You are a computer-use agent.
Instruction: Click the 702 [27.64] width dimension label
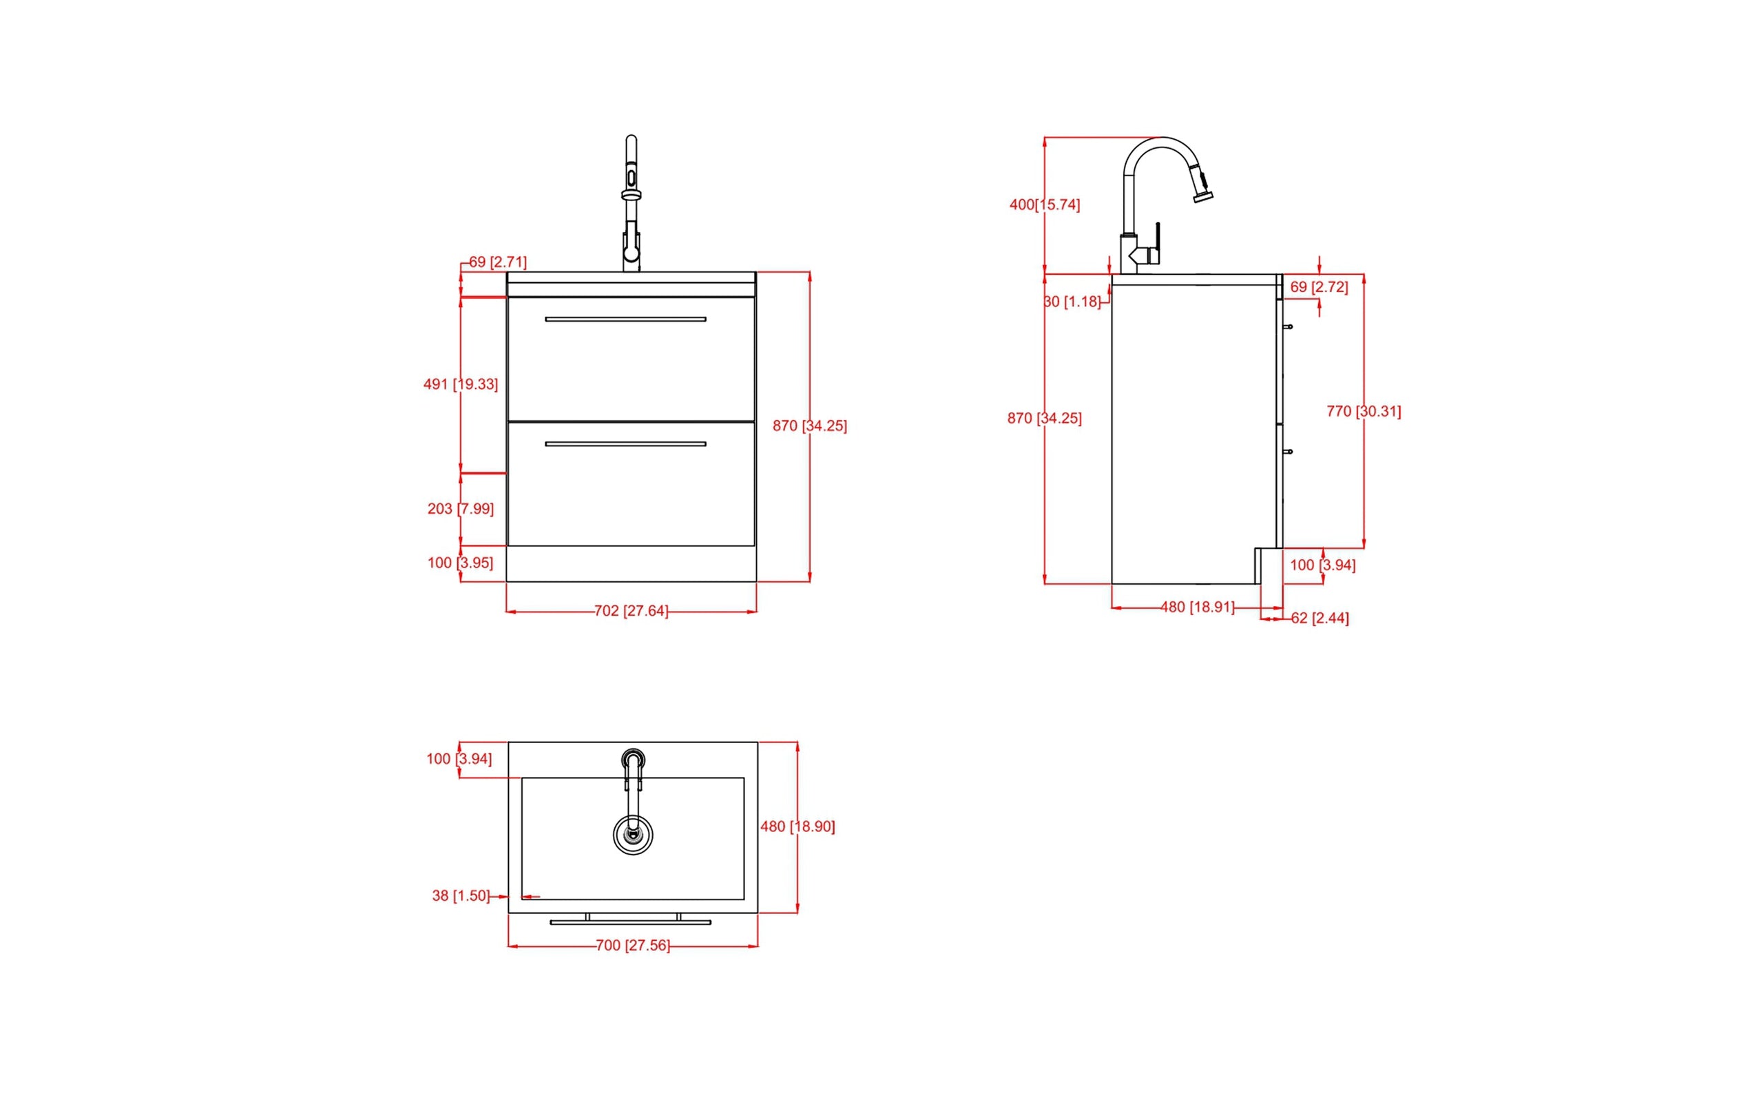pyautogui.click(x=631, y=611)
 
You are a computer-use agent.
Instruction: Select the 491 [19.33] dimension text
pyautogui.click(x=461, y=384)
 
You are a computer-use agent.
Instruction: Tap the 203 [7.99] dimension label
pyautogui.click(x=461, y=509)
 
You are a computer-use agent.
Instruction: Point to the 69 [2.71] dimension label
pyautogui.click(x=497, y=262)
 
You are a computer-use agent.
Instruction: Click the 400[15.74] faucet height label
pyautogui.click(x=1045, y=205)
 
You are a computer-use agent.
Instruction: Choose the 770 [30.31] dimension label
pyautogui.click(x=1364, y=412)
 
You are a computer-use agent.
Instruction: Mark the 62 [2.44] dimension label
pyautogui.click(x=1320, y=618)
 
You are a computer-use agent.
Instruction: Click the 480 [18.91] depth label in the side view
pyautogui.click(x=1197, y=607)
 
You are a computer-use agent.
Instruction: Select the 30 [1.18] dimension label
pyautogui.click(x=1072, y=302)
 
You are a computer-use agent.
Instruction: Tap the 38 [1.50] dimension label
pyautogui.click(x=461, y=896)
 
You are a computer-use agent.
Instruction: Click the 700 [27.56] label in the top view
pyautogui.click(x=632, y=946)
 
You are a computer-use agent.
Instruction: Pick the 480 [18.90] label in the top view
pyautogui.click(x=797, y=826)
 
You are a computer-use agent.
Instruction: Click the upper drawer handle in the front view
pyautogui.click(x=625, y=319)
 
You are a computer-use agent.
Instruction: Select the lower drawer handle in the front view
pyautogui.click(x=625, y=444)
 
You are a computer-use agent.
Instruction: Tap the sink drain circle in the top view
pyautogui.click(x=633, y=835)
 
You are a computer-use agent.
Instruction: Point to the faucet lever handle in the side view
pyautogui.click(x=1157, y=238)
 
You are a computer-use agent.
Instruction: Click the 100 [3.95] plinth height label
pyautogui.click(x=461, y=563)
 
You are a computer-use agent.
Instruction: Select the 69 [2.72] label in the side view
pyautogui.click(x=1318, y=288)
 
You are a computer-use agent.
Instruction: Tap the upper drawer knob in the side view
pyautogui.click(x=1289, y=327)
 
